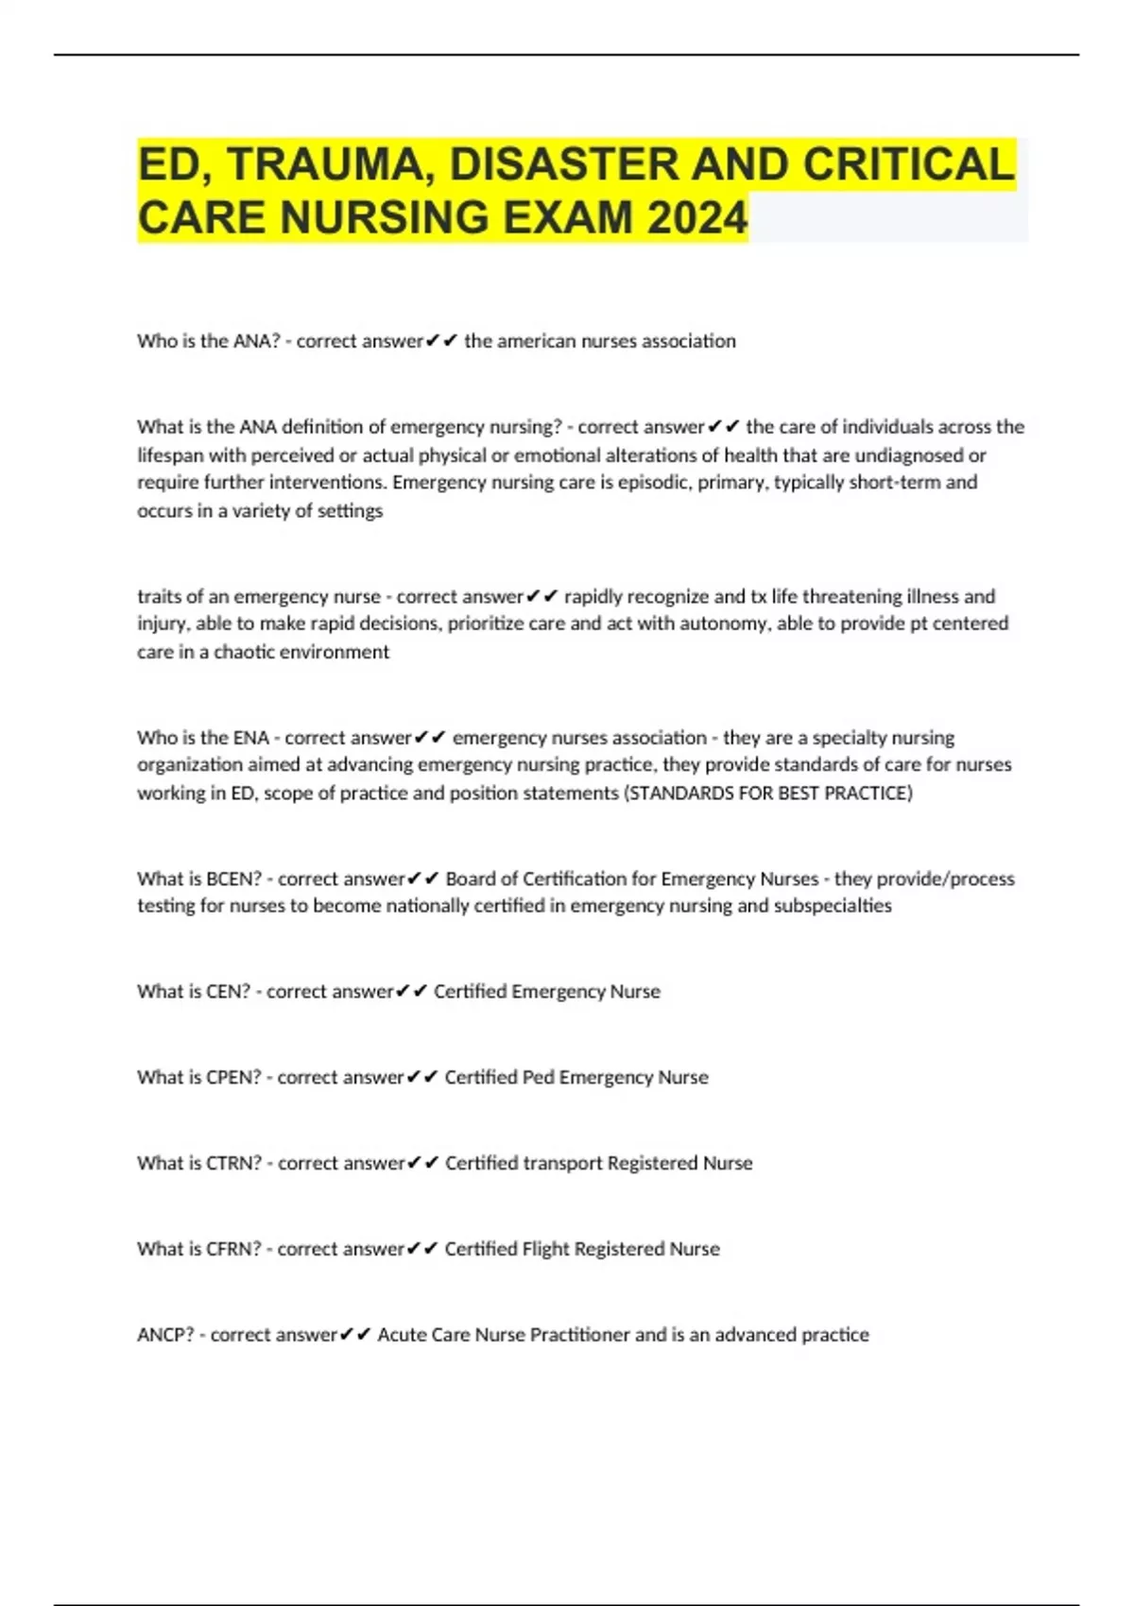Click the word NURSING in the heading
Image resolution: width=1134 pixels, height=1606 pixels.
[385, 217]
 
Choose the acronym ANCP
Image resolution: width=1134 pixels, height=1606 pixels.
[165, 1335]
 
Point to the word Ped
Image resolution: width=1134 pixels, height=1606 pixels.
[538, 1077]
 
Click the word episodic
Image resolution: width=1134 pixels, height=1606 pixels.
[653, 483]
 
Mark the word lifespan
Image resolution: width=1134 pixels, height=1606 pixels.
[170, 455]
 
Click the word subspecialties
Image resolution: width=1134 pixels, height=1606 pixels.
[833, 906]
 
